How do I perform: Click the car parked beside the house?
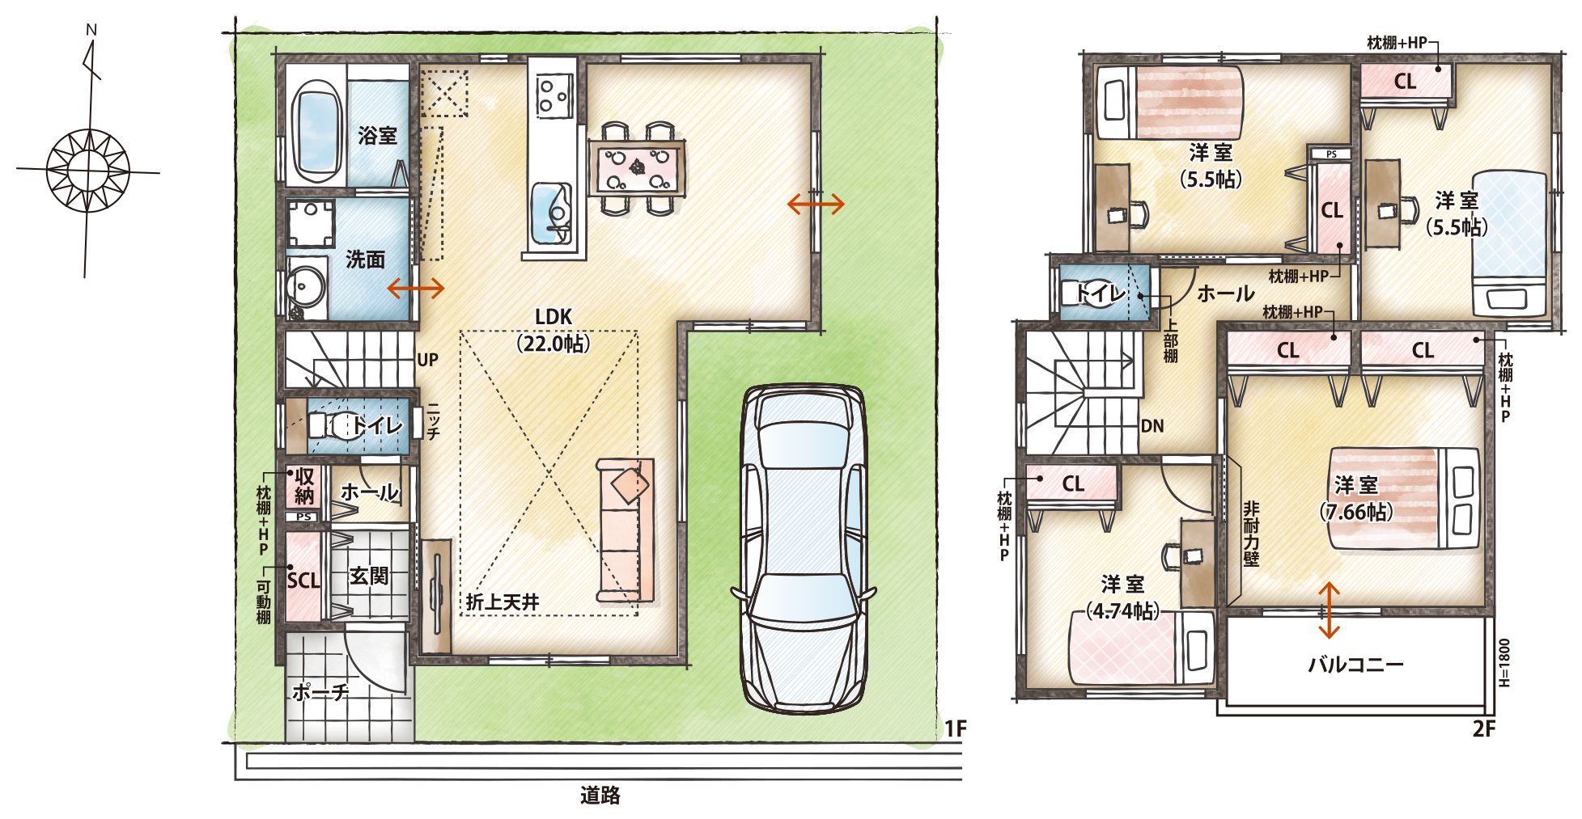(804, 549)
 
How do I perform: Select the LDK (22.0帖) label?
(553, 330)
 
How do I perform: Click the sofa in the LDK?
(625, 530)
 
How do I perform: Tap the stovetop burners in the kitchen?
(554, 95)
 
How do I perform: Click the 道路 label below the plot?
(600, 796)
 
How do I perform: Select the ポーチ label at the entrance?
(320, 692)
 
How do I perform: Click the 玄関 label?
(369, 576)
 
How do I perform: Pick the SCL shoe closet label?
(303, 580)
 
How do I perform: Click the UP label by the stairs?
(427, 360)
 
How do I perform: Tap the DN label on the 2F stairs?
(1152, 426)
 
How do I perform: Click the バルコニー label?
(1355, 665)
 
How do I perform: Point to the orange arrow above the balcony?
(1329, 610)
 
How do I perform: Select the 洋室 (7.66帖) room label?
(1356, 498)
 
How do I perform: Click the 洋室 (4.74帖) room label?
(1122, 597)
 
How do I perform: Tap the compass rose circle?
(87, 171)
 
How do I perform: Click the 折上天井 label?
(503, 602)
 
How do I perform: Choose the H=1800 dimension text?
(1504, 662)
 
